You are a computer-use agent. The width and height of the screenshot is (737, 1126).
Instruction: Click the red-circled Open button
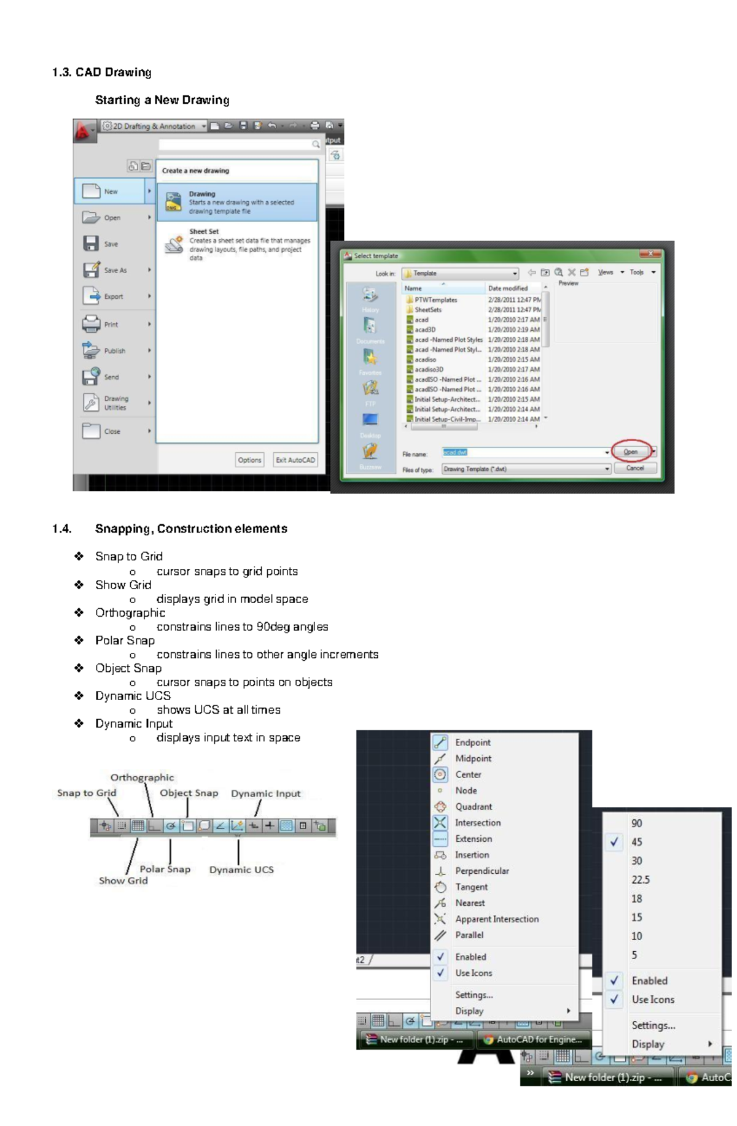point(631,452)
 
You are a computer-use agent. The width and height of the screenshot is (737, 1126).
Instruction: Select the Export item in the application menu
point(113,296)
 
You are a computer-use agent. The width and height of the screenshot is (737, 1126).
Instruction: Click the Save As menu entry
point(115,270)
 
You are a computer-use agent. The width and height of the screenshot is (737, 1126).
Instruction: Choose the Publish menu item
point(114,351)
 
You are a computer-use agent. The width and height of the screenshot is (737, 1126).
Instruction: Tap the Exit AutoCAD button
point(295,460)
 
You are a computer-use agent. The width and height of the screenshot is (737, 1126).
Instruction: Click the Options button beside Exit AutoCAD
point(249,460)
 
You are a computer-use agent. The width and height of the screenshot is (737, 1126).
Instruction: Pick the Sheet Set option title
point(204,231)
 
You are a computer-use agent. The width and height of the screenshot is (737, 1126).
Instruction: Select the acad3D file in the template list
point(425,330)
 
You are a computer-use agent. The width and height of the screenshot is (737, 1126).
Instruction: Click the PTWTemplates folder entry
point(435,300)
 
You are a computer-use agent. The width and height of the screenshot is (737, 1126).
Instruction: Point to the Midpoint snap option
point(473,758)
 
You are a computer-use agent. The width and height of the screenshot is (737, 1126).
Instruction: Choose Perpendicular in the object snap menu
point(482,871)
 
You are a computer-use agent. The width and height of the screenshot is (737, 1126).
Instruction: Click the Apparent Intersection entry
point(496,919)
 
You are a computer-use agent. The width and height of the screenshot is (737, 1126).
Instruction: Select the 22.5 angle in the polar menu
point(640,879)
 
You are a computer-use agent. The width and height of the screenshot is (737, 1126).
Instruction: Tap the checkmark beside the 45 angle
point(614,842)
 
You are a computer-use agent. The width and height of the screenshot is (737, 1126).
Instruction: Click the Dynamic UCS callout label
point(241,870)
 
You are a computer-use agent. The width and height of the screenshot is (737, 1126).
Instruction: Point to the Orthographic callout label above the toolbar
point(142,777)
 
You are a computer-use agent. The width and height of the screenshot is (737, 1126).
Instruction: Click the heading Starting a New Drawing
point(162,100)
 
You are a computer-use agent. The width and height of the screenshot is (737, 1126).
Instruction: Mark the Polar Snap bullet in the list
point(125,641)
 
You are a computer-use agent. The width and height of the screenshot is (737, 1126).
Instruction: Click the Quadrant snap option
point(473,806)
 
